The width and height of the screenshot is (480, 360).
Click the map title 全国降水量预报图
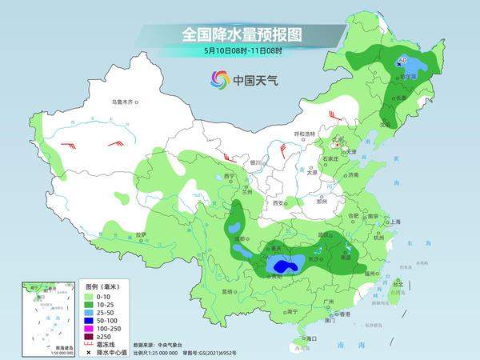click(241, 34)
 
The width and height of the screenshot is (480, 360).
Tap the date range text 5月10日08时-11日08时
click(241, 51)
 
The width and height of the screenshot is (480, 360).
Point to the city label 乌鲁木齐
click(125, 102)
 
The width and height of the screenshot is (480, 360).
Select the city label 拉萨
click(141, 234)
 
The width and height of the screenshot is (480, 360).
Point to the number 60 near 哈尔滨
click(402, 59)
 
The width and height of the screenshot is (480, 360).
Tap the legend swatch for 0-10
click(91, 296)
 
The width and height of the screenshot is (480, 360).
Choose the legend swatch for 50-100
click(91, 318)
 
